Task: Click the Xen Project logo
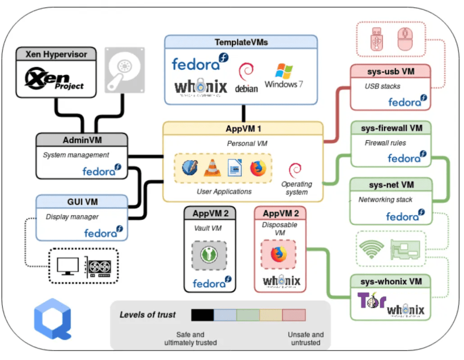pos(56,79)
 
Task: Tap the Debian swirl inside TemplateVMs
pos(246,72)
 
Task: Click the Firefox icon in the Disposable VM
pos(279,254)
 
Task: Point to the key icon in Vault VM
pos(209,256)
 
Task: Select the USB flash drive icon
pos(376,39)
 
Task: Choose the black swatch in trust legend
pos(202,315)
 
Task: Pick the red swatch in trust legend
pos(294,315)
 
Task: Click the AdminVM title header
pos(82,139)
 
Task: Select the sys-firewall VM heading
pos(391,129)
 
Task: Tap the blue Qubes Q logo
pos(53,319)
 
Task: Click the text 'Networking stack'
pos(385,200)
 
